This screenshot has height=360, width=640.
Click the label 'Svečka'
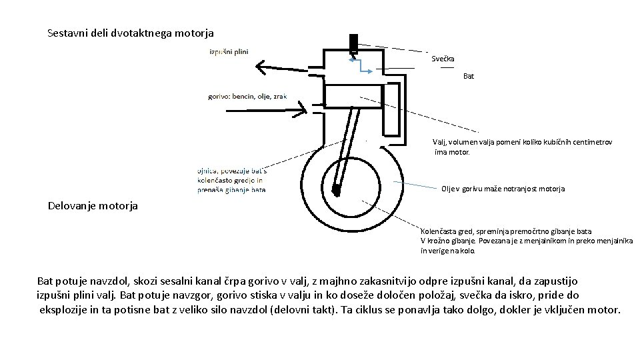tap(443, 59)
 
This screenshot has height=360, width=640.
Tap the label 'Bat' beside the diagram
tap(469, 76)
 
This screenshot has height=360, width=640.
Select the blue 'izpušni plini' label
tap(229, 52)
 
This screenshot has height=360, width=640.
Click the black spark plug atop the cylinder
tap(353, 42)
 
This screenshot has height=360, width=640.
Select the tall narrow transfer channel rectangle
tap(391, 109)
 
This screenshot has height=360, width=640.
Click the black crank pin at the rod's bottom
tap(336, 192)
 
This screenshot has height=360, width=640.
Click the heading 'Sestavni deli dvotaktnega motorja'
tap(131, 32)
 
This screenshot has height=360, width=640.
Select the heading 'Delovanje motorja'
tap(93, 205)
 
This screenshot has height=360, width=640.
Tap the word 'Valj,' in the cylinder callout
tap(440, 142)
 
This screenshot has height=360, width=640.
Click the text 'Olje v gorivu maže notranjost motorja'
tap(503, 189)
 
